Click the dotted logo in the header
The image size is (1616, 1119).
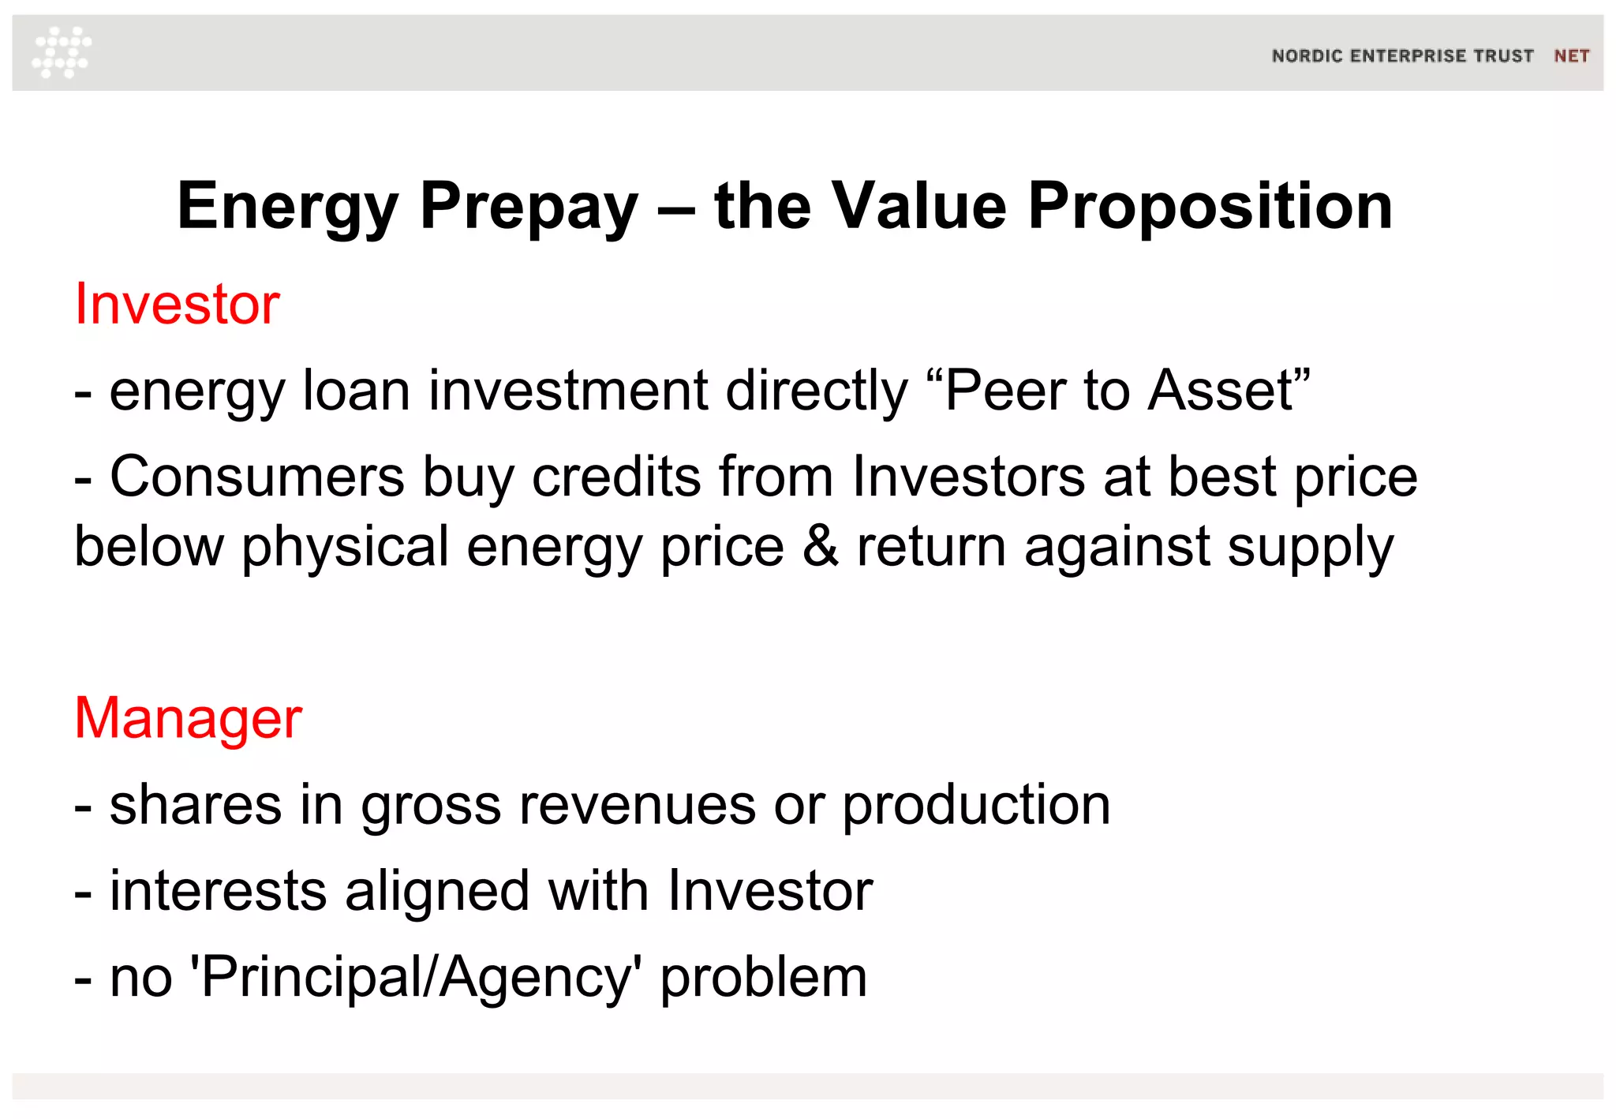click(62, 53)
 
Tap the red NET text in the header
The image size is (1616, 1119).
click(1571, 56)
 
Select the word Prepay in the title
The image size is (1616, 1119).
click(529, 207)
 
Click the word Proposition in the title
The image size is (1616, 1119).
click(1210, 207)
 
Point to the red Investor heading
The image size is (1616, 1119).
click(177, 305)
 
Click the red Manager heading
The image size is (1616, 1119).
click(188, 718)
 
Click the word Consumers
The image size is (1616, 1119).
click(257, 477)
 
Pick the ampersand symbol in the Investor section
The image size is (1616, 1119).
click(821, 546)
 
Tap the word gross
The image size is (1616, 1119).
click(431, 807)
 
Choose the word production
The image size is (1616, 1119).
click(976, 807)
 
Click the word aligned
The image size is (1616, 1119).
click(437, 892)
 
